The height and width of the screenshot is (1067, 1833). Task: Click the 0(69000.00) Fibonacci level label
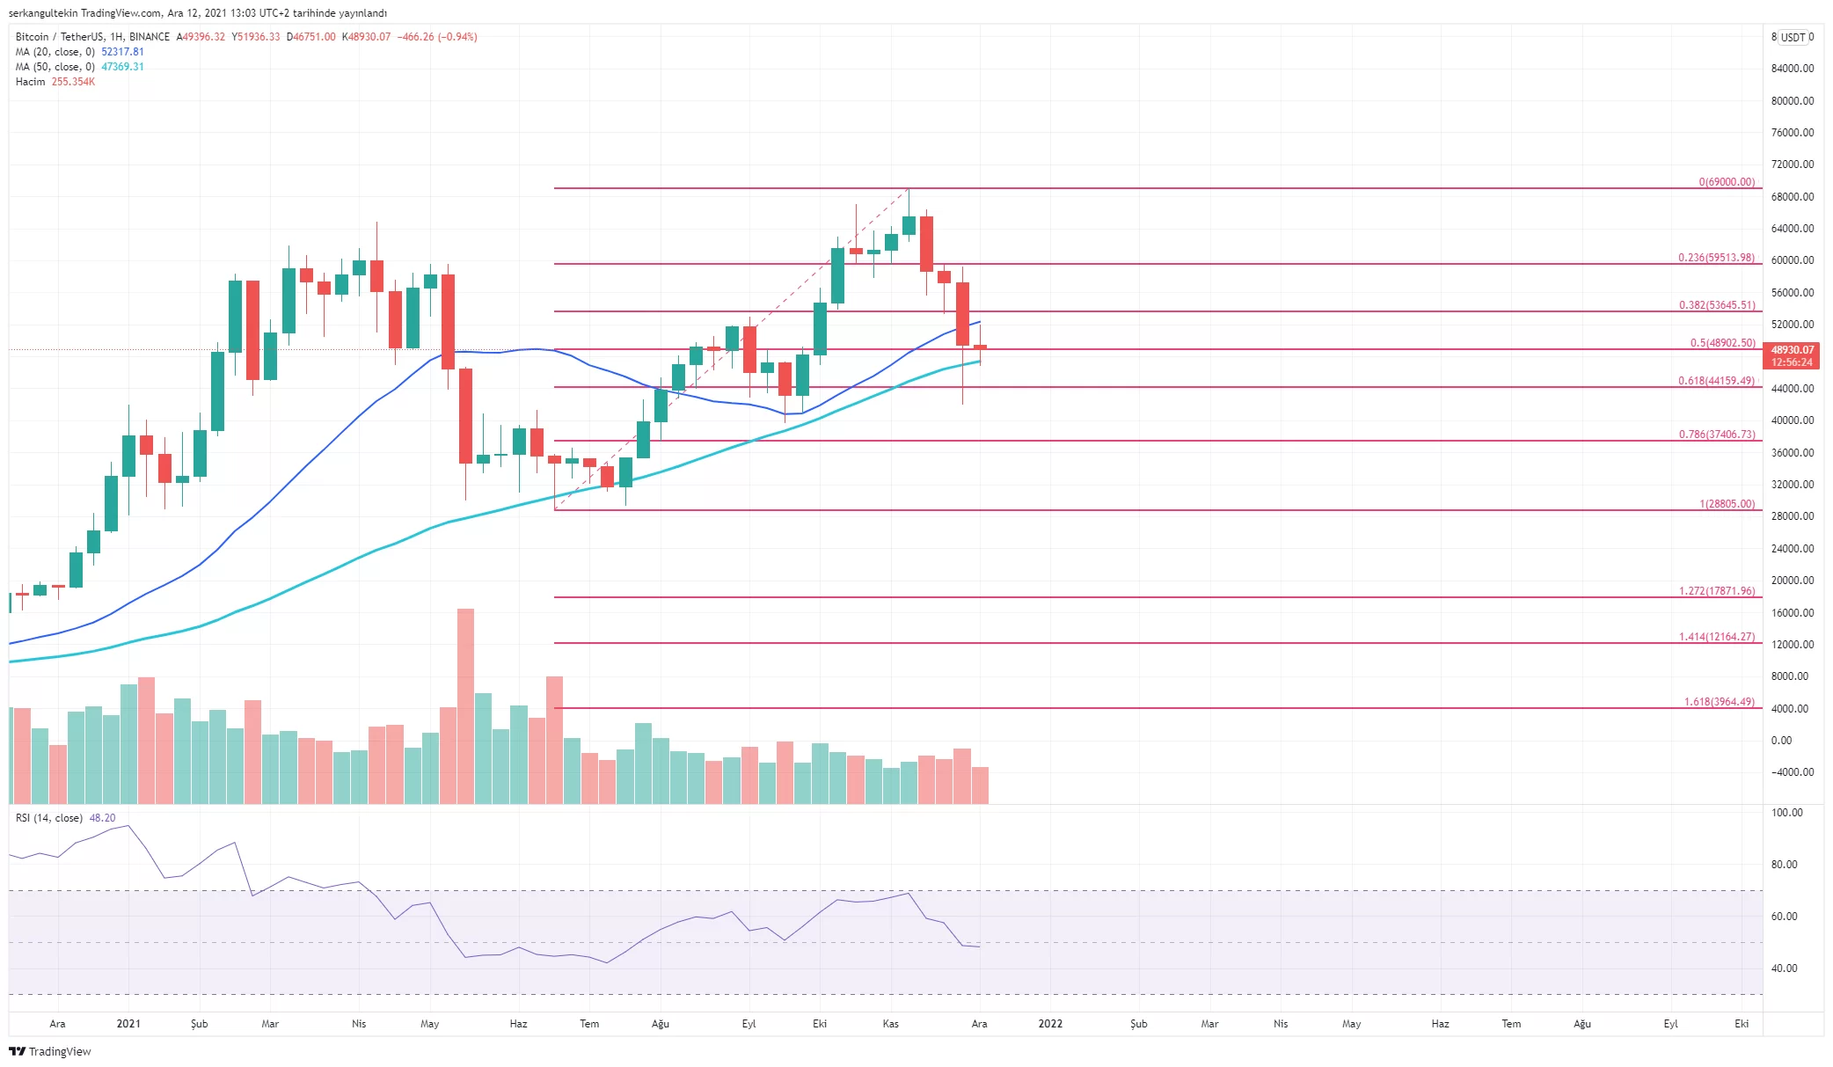tap(1726, 182)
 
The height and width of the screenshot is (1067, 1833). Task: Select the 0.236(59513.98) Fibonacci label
tap(1715, 258)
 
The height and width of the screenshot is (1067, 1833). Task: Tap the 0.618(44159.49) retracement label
tap(1715, 381)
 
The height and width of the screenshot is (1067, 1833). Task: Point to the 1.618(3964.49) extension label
tap(1719, 702)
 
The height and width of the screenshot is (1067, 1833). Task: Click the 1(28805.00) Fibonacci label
tap(1727, 504)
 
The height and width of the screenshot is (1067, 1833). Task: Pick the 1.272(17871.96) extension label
tap(1716, 591)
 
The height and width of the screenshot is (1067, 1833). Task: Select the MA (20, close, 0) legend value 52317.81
tap(122, 52)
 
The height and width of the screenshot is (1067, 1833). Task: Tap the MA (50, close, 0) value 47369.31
tap(122, 67)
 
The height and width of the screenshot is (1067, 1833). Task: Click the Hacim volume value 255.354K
tap(73, 82)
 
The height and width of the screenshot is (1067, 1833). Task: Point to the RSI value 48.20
tap(102, 818)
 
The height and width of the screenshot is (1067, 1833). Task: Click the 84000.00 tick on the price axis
tap(1792, 69)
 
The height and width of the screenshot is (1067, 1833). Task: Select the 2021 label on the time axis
tap(128, 1024)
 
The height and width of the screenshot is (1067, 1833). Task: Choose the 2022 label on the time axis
tap(1050, 1024)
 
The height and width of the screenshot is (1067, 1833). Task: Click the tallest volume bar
tap(465, 704)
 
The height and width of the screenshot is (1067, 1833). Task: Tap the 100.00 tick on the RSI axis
tap(1786, 813)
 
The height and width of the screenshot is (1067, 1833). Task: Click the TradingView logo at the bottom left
tap(50, 1051)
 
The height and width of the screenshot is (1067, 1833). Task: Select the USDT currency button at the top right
tap(1793, 37)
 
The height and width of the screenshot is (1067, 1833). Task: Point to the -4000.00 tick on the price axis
tap(1792, 772)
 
